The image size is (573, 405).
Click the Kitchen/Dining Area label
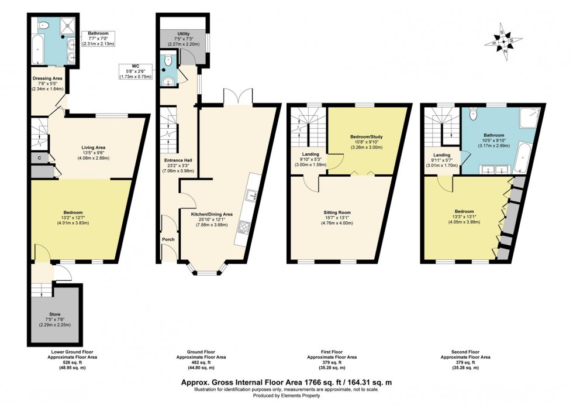212,214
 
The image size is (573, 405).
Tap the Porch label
168,239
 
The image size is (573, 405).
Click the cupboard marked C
39,157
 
